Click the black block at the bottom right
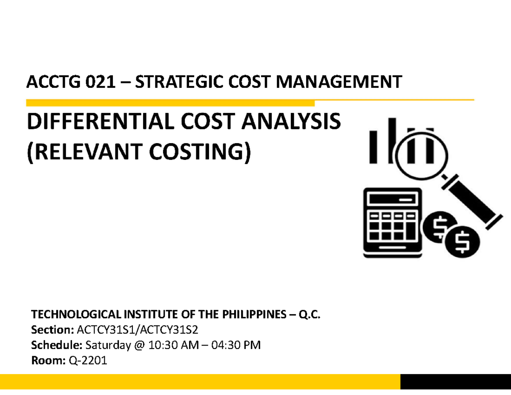455,381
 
